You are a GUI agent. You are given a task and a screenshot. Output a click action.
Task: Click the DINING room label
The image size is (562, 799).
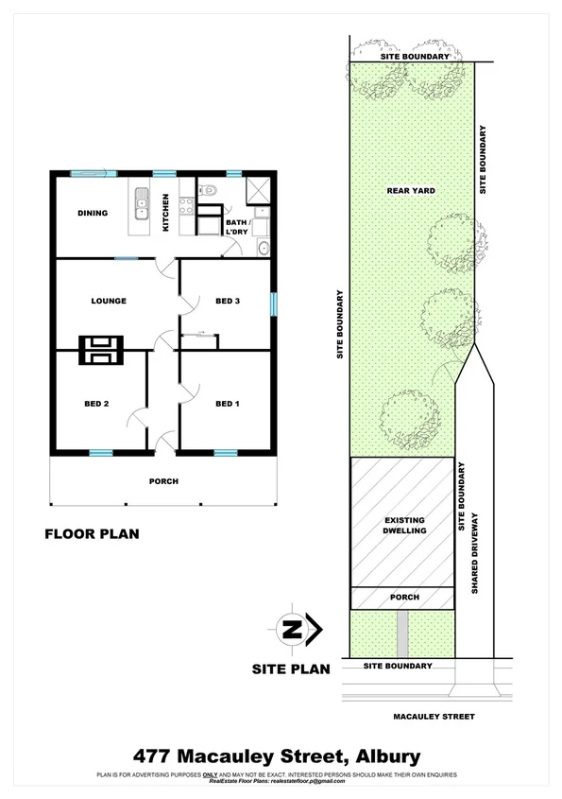coord(92,213)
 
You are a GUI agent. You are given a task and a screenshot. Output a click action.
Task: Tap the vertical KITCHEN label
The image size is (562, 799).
coord(166,213)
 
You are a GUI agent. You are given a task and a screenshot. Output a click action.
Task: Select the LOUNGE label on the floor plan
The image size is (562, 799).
coord(109,301)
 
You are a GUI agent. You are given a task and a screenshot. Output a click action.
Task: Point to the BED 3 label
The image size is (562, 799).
coord(227,301)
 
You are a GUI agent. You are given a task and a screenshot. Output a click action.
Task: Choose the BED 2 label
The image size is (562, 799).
coord(97,404)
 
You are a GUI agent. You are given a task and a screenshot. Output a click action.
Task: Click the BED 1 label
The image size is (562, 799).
coord(227,404)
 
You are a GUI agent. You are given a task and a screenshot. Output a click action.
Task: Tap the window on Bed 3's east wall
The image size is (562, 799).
coord(274,304)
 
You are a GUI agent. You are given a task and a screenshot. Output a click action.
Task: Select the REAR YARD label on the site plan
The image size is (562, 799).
coord(411,190)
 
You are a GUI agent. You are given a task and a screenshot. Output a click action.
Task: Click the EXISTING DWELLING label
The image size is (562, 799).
coord(403,526)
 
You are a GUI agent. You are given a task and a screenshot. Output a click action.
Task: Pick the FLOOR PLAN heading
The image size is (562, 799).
coord(93,533)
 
